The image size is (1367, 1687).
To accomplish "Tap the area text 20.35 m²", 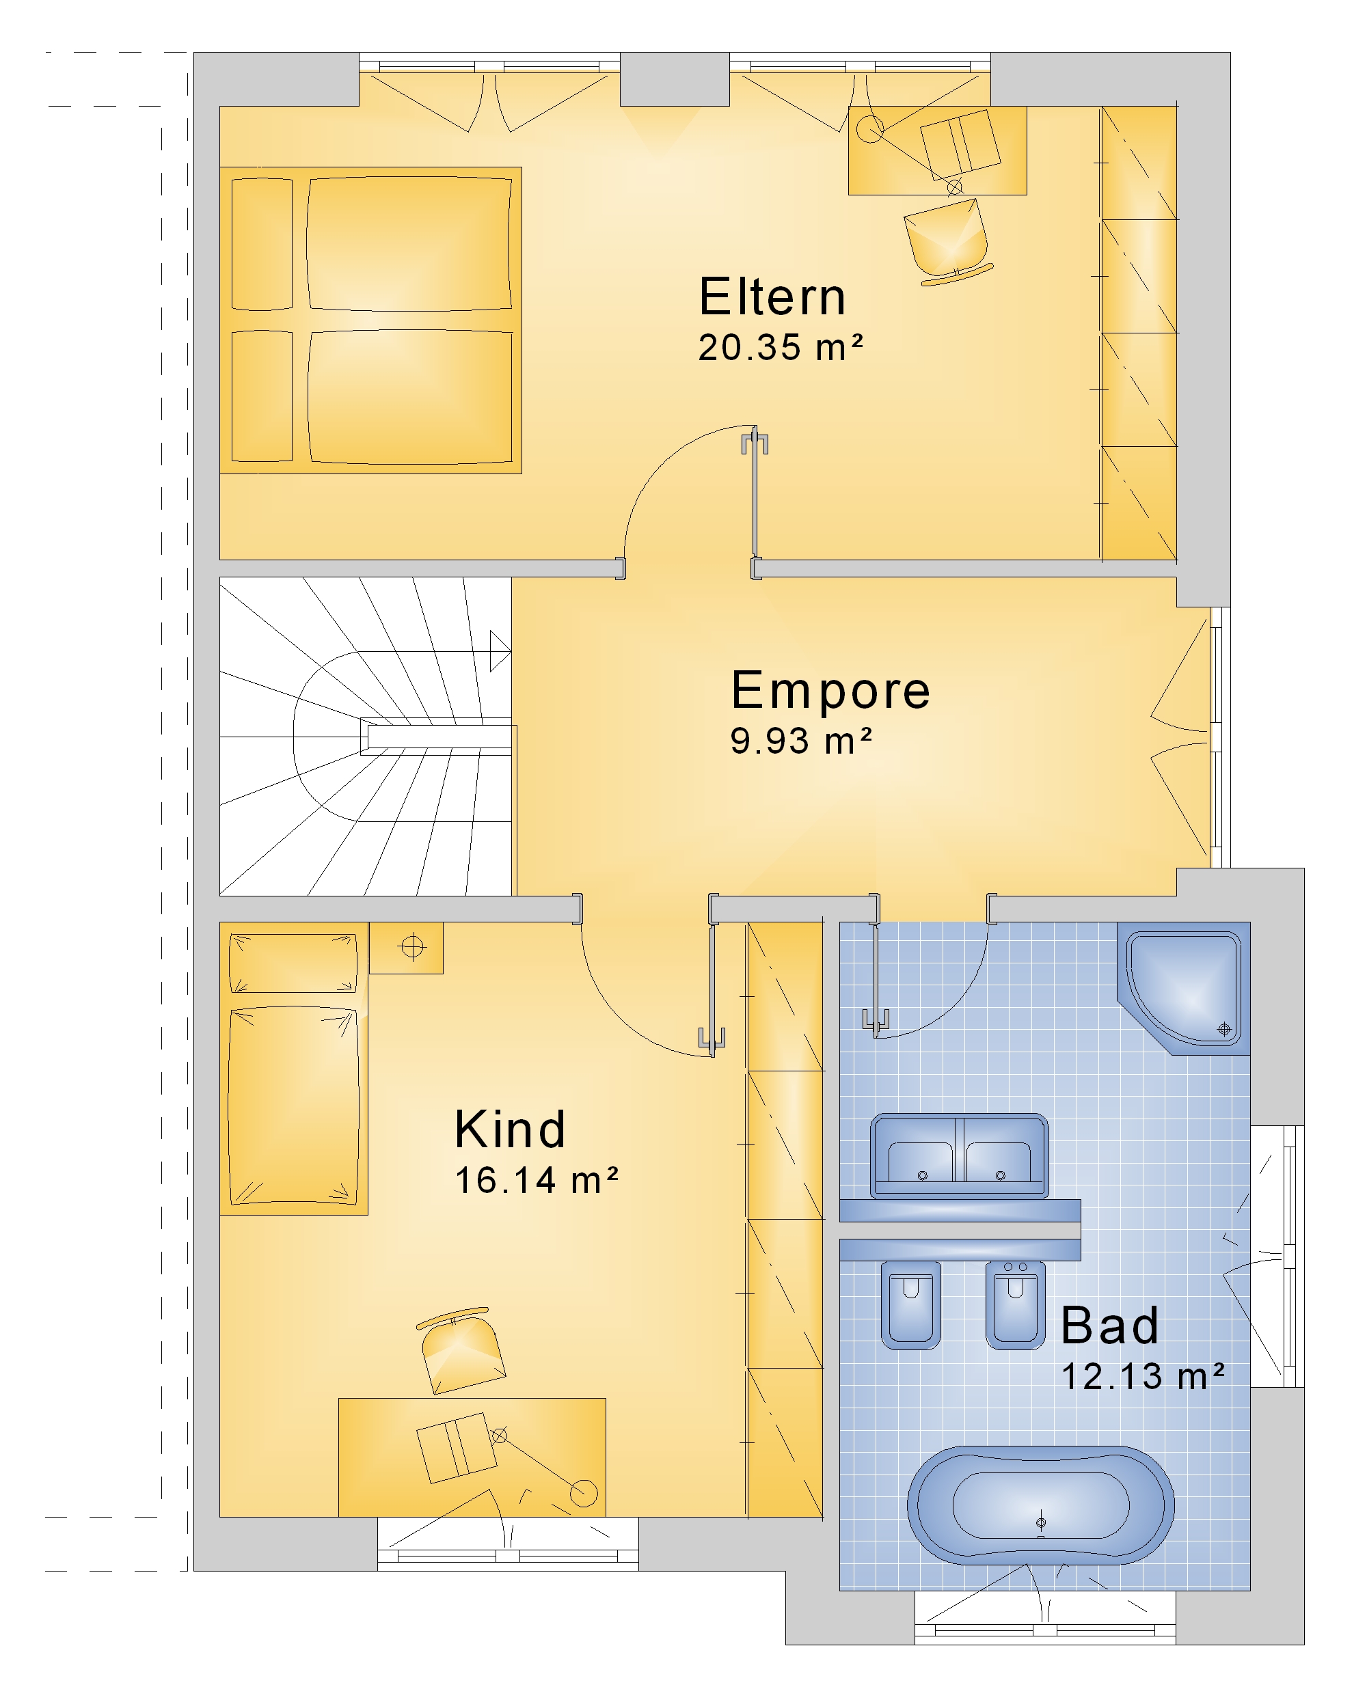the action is click(x=781, y=347).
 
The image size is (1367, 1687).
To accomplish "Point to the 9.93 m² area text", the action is click(x=801, y=741).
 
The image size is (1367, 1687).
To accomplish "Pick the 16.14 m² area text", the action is click(x=537, y=1181).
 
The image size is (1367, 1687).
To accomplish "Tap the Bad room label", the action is click(x=1109, y=1326).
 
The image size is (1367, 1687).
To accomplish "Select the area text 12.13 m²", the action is click(x=1143, y=1377).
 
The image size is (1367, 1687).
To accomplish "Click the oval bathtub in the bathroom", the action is click(x=1041, y=1505).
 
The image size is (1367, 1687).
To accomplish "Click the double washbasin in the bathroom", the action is click(x=959, y=1155).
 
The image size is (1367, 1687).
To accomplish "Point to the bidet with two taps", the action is click(x=1016, y=1304).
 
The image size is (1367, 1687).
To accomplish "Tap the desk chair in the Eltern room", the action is click(x=947, y=242).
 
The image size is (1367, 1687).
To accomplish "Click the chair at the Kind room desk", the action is click(x=461, y=1352).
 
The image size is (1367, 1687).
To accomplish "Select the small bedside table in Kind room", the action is click(x=406, y=948).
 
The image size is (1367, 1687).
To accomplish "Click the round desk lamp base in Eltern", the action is click(x=870, y=129).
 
